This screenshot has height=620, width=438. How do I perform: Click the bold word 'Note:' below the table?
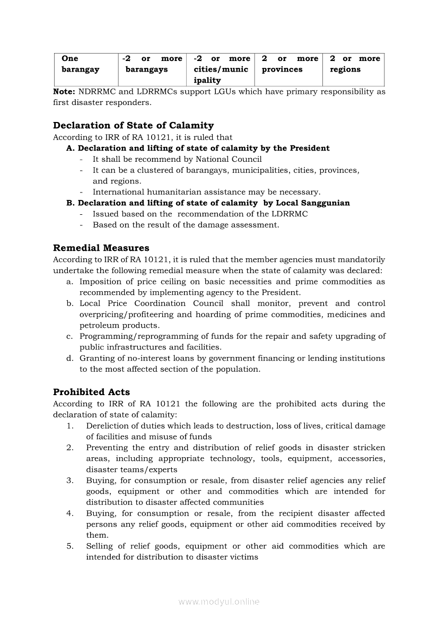[65, 92]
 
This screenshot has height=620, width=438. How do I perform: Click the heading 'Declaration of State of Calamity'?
[133, 126]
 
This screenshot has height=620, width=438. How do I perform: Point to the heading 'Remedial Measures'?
[101, 248]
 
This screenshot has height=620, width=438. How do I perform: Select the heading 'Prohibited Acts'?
[91, 392]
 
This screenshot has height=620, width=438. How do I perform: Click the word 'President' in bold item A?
[309, 148]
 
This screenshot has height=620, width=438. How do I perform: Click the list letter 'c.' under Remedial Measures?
[69, 336]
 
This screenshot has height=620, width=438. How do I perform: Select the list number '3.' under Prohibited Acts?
[70, 481]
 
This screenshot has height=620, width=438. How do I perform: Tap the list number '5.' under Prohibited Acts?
[70, 546]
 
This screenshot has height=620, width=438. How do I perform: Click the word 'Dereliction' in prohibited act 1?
[110, 426]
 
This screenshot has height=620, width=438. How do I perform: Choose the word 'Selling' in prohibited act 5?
[100, 546]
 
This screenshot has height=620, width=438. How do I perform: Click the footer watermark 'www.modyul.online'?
[219, 601]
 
